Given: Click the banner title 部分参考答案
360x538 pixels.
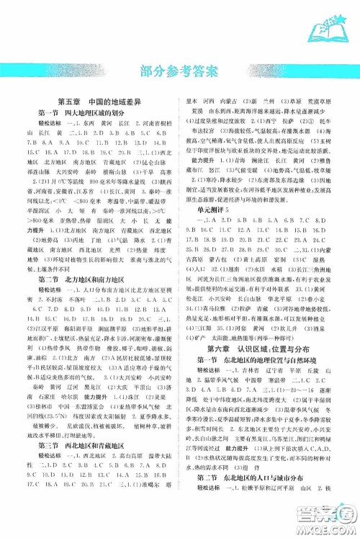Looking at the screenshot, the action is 180,71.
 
